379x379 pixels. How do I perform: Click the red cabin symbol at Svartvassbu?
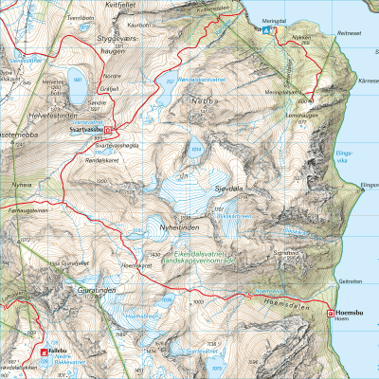(x=108, y=132)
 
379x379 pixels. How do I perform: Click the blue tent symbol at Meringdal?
(x=266, y=29)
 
